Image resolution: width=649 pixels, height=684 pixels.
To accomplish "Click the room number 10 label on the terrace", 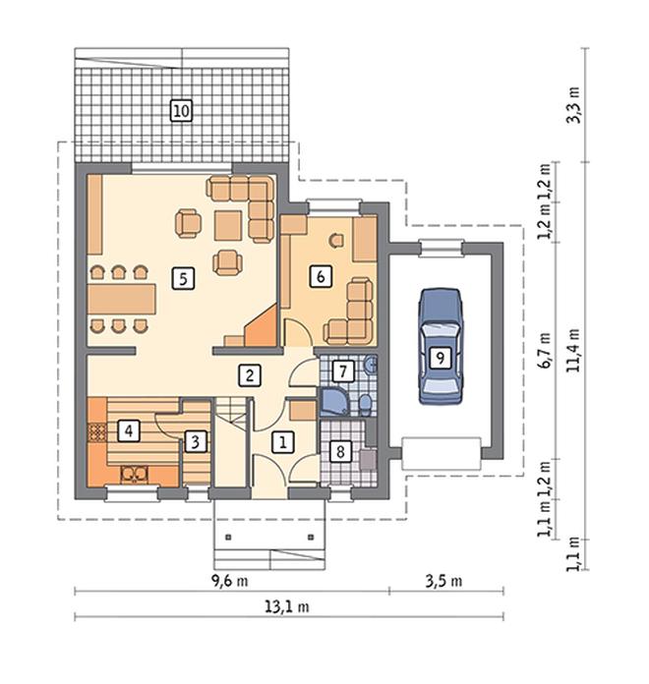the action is pos(181,111).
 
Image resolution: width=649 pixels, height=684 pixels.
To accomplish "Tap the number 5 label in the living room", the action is pos(183,279).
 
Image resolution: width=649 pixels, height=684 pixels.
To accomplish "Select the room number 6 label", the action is pos(321,276).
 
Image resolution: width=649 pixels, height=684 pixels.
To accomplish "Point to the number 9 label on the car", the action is pos(441,358).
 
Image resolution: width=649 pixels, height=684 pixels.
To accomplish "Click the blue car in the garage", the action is pos(441,346).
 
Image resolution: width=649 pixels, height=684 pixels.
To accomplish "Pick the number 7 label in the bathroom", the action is pos(343,371).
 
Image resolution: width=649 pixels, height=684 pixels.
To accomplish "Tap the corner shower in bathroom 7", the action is pos(334,402).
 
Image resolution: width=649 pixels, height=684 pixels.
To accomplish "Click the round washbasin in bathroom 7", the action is pos(370,364).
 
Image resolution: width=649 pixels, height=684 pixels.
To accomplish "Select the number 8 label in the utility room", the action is pos(341,451).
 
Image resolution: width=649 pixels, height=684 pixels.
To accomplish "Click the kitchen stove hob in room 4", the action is pos(97,432).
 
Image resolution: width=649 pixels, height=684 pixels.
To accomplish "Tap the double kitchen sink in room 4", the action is pos(135,474).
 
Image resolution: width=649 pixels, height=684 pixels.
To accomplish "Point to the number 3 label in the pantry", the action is pos(195,442).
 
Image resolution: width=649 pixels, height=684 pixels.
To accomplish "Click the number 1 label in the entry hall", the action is pos(283,442).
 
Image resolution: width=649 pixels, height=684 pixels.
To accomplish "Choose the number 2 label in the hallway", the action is pos(250,375).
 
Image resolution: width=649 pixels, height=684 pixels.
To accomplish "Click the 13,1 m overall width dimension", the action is pos(287,606).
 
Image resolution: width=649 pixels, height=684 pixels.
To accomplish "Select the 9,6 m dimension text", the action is pos(229,581).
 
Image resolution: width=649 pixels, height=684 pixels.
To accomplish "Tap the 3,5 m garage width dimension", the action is pos(443,581).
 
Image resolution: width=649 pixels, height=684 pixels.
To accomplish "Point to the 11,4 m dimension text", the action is pos(573,350).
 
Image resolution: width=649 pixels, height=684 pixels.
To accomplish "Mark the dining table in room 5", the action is pos(121,299).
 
